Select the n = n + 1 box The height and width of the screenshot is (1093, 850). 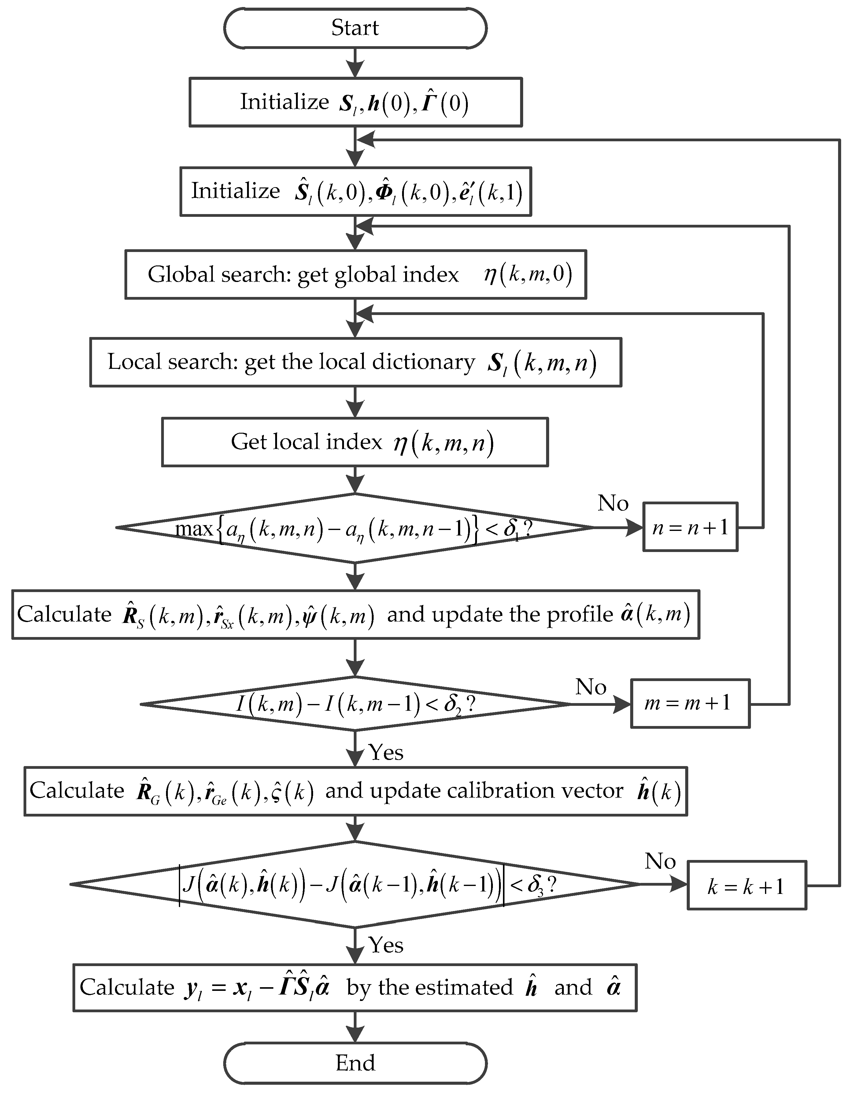coord(689,527)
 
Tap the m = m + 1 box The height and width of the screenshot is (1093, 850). coord(689,703)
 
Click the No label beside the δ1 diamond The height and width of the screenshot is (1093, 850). coord(613,503)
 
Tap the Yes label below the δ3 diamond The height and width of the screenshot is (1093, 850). coord(386,945)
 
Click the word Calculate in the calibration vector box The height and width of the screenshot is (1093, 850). coord(76,790)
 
